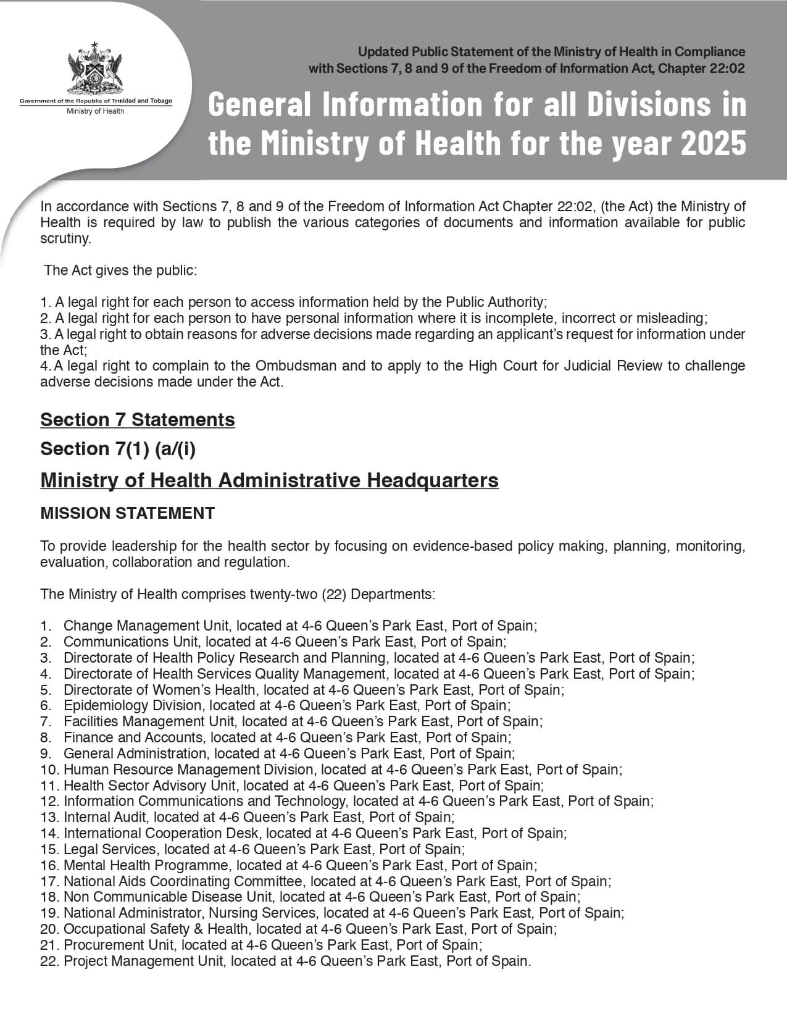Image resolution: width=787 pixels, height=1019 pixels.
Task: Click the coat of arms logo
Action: click(x=96, y=69)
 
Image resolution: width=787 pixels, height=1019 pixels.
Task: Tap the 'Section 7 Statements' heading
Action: click(x=138, y=420)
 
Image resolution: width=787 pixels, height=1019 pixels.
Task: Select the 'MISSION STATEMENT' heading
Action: click(x=127, y=513)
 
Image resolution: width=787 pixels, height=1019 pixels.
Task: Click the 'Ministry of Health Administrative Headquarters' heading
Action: click(x=269, y=480)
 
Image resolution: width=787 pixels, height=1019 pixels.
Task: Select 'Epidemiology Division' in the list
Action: click(x=132, y=705)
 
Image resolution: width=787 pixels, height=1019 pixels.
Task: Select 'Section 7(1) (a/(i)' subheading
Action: click(x=118, y=449)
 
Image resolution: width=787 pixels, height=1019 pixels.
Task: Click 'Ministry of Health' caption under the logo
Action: click(x=96, y=111)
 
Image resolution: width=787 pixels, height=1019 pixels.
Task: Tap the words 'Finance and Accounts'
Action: click(x=133, y=737)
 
